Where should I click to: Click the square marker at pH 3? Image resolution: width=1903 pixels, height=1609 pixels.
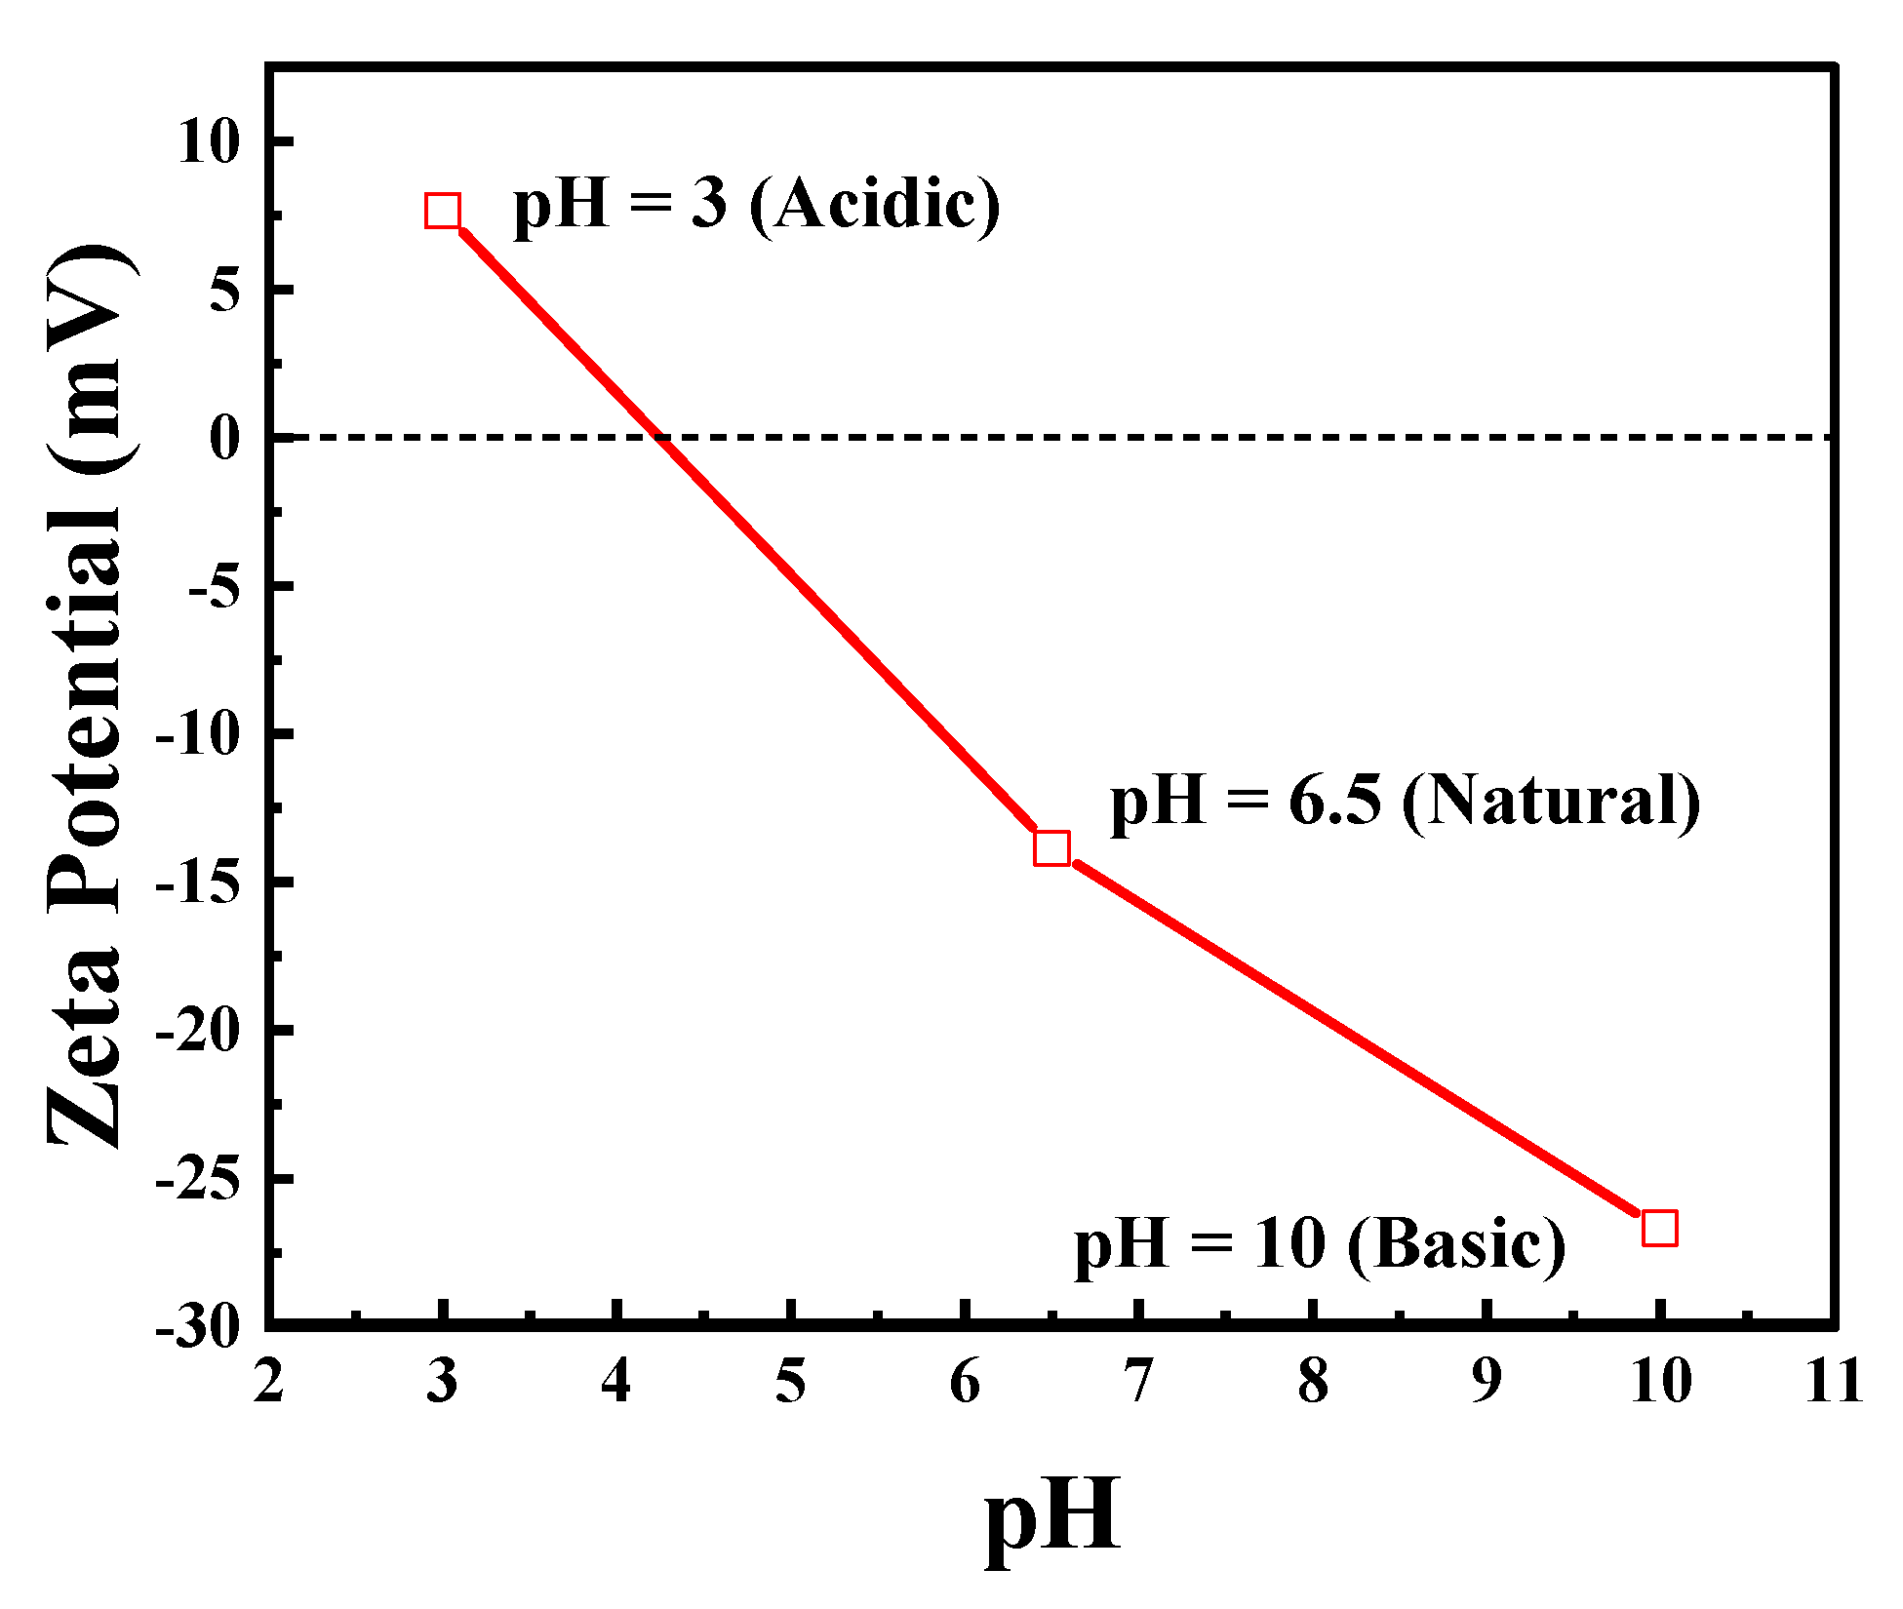point(443,211)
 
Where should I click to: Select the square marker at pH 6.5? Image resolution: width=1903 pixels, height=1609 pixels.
point(1051,848)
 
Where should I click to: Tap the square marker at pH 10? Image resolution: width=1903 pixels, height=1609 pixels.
point(1659,1229)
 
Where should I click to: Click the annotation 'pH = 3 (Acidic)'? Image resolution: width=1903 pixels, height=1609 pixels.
point(757,205)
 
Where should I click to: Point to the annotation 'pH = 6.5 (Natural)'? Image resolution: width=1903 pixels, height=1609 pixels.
point(1405,802)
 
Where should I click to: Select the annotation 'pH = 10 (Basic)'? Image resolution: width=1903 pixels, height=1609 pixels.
point(1320,1245)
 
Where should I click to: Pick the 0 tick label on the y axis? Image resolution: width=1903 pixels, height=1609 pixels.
point(225,438)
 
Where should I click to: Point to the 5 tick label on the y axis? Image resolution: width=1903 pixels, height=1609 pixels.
point(225,291)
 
